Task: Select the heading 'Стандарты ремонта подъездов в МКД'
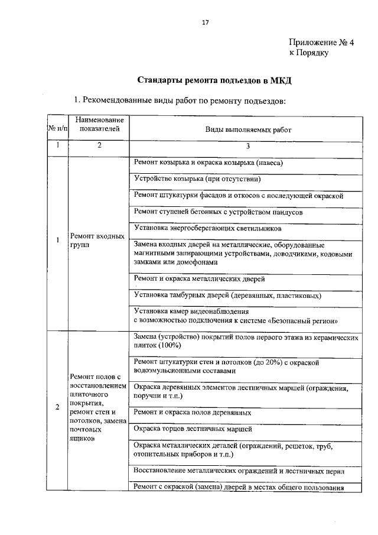coord(216,80)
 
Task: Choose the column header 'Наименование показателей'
coord(99,124)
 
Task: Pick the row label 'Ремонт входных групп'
coord(97,240)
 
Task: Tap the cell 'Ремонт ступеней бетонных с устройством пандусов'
coord(219,211)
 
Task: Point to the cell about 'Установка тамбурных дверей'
coord(227,295)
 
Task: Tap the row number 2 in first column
coord(57,407)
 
